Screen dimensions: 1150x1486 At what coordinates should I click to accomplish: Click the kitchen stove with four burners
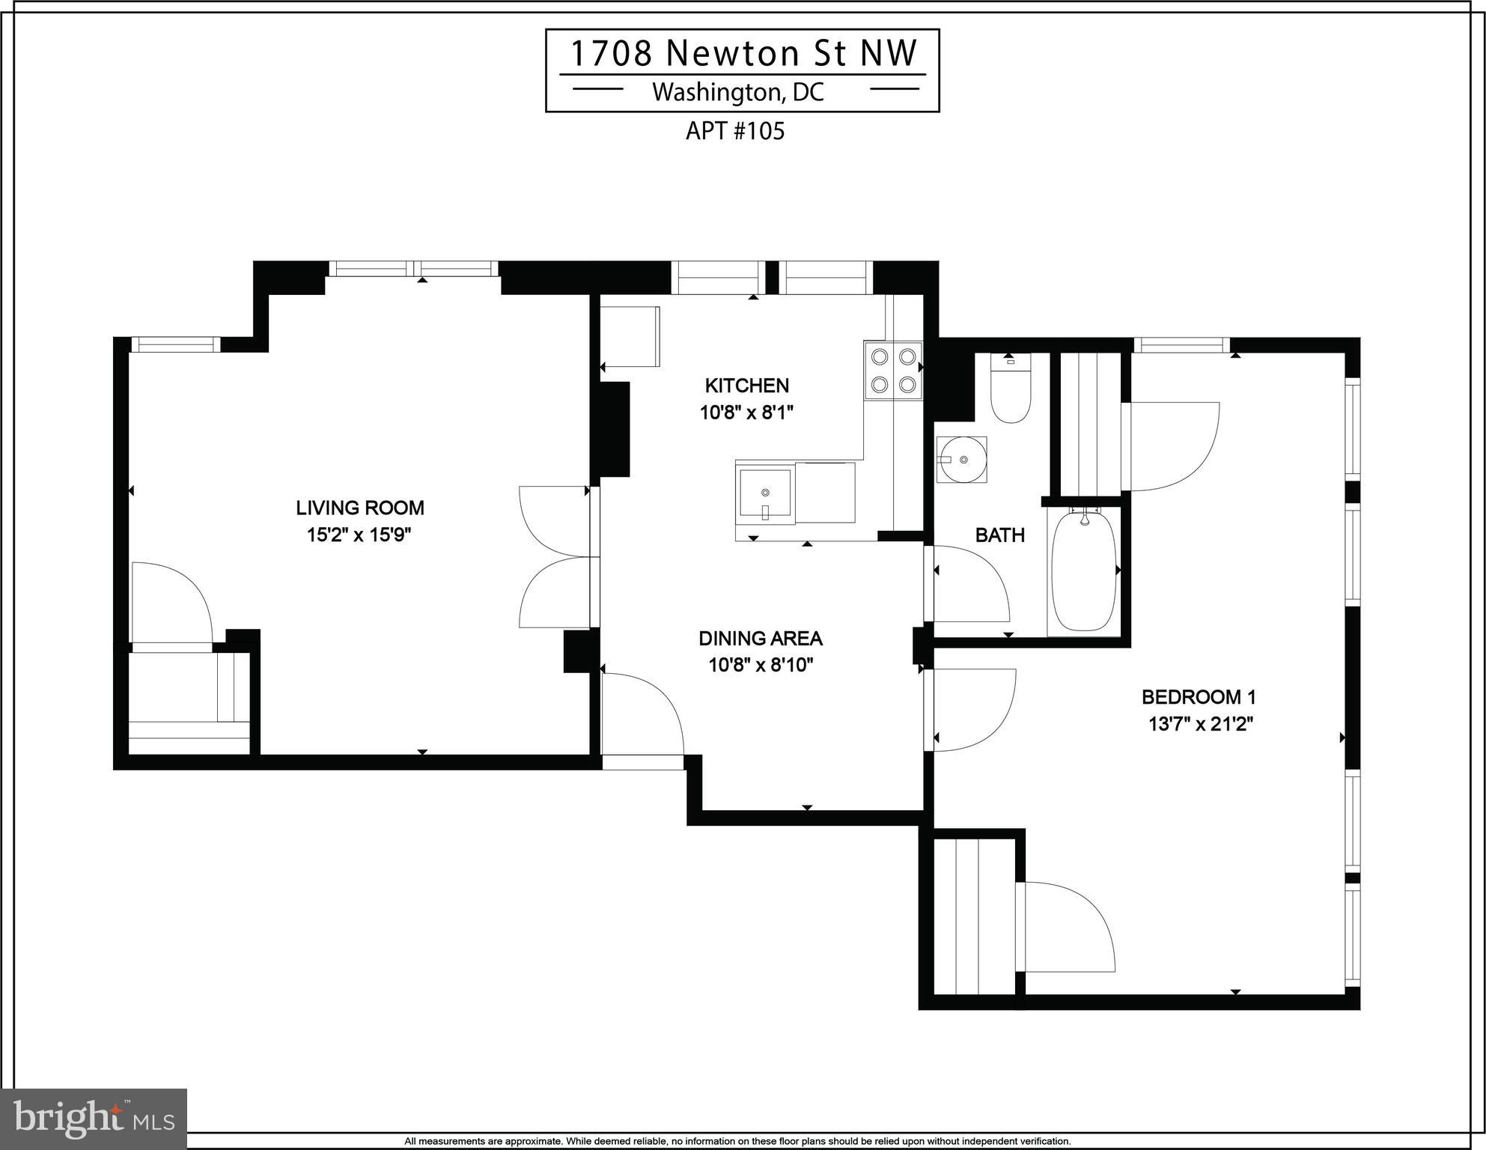click(893, 370)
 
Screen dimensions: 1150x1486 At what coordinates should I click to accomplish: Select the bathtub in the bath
click(1084, 571)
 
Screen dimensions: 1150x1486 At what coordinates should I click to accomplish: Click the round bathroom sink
click(961, 460)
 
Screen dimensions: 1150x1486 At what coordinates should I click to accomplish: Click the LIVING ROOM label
click(360, 508)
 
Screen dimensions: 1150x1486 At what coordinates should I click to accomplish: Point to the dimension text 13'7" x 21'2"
click(1201, 724)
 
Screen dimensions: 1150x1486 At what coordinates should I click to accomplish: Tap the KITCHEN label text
click(746, 386)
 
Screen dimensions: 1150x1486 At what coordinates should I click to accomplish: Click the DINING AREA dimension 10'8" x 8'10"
click(761, 665)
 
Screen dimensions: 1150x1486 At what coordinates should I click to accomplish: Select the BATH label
click(999, 535)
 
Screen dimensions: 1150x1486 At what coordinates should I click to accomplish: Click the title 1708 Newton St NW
click(743, 53)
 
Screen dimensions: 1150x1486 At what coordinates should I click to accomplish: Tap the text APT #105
click(735, 131)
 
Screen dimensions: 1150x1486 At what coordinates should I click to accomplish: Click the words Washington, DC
click(738, 92)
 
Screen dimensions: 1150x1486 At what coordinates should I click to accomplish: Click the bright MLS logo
click(94, 1119)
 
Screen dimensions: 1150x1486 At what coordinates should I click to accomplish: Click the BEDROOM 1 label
click(1199, 697)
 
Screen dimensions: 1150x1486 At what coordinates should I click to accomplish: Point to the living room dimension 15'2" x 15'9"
click(359, 535)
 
